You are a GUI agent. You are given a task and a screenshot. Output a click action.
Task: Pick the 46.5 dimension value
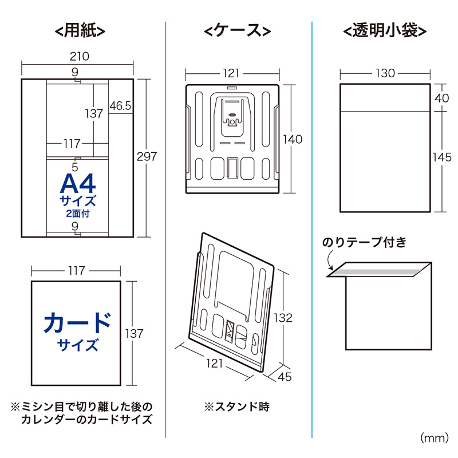(x=121, y=106)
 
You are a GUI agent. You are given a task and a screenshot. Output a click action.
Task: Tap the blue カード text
(x=77, y=322)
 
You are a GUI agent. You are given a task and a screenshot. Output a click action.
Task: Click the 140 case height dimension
(x=292, y=139)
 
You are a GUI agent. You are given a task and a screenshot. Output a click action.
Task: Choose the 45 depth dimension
(x=285, y=377)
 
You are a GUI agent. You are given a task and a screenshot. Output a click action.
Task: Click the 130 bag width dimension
(x=385, y=73)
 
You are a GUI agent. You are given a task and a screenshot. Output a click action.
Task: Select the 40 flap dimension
(x=441, y=98)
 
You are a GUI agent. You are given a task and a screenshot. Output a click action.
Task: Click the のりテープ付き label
(x=364, y=243)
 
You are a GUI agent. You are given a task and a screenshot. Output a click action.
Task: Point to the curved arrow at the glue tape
(x=330, y=261)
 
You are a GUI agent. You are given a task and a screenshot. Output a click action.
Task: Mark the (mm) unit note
(x=435, y=438)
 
